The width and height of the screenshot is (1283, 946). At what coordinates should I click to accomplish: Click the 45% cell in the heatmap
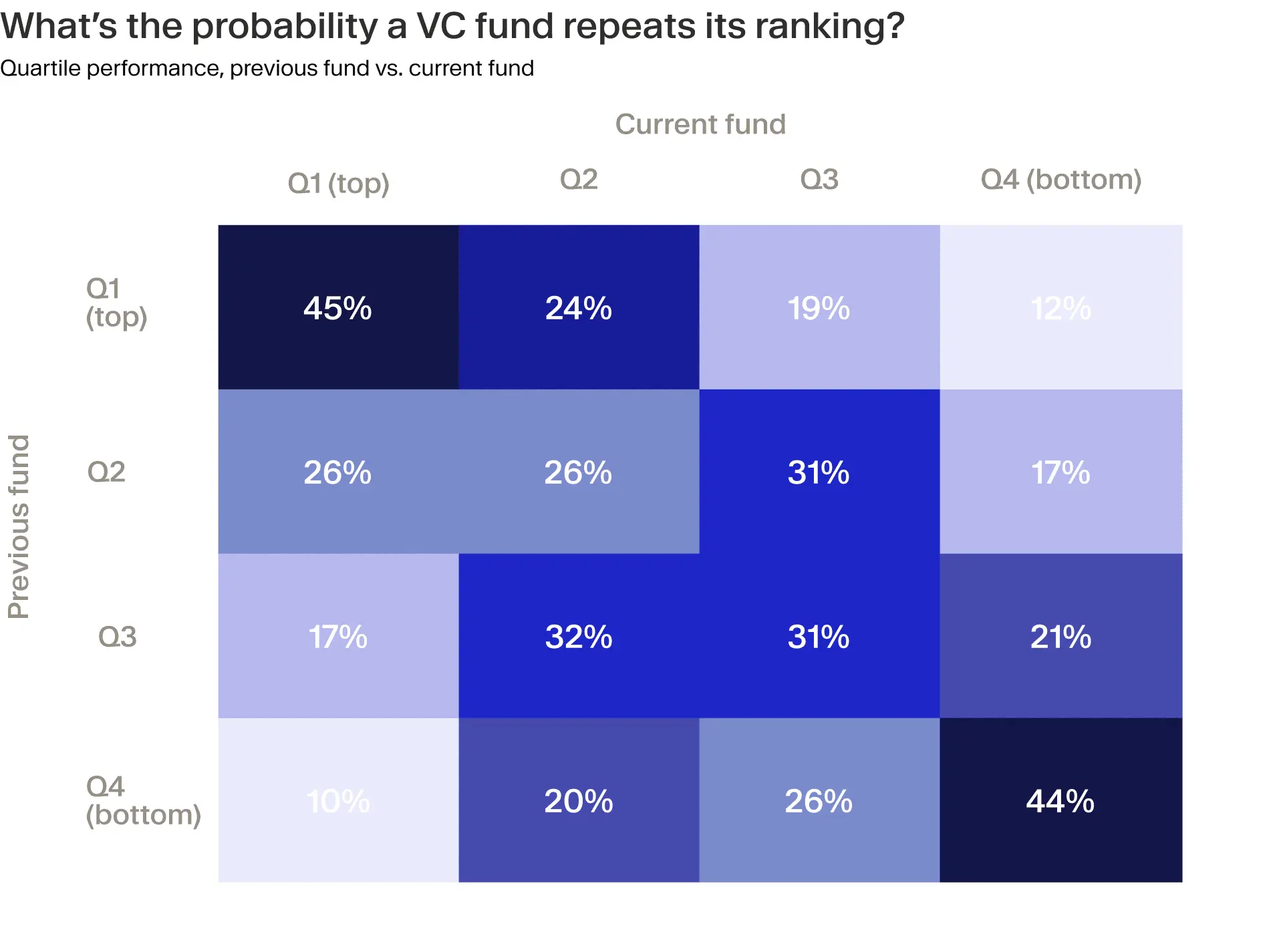click(x=337, y=308)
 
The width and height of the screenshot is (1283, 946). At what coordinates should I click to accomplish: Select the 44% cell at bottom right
click(x=1060, y=801)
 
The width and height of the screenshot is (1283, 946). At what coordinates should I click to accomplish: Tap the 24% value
click(x=579, y=308)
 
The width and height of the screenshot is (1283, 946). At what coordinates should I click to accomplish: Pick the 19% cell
click(x=819, y=308)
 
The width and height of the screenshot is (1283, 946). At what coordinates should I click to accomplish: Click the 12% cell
click(x=1060, y=308)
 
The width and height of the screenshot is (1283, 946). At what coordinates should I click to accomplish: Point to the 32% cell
click(x=579, y=637)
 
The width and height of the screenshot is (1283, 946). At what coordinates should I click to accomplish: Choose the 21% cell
click(x=1060, y=637)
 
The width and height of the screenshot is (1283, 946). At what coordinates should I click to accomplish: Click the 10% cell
click(x=337, y=801)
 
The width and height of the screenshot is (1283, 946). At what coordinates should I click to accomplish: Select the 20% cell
click(x=579, y=801)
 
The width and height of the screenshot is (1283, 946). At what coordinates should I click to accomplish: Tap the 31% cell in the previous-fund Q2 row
click(x=819, y=472)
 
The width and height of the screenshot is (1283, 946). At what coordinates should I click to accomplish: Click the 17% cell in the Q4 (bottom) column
click(x=1060, y=472)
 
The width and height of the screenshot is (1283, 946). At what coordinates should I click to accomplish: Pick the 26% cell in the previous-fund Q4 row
click(x=819, y=801)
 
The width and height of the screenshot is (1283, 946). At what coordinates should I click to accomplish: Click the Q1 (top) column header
click(x=338, y=182)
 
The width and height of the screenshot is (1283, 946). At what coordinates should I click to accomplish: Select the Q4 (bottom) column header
click(x=1060, y=179)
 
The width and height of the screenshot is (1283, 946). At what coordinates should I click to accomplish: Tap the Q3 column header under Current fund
click(x=819, y=179)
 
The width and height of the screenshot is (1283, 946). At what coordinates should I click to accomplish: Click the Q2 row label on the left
click(x=106, y=472)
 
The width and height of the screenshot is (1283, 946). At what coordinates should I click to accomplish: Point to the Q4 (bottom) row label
click(x=143, y=800)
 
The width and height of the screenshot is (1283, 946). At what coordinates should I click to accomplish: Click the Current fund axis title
click(x=700, y=124)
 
